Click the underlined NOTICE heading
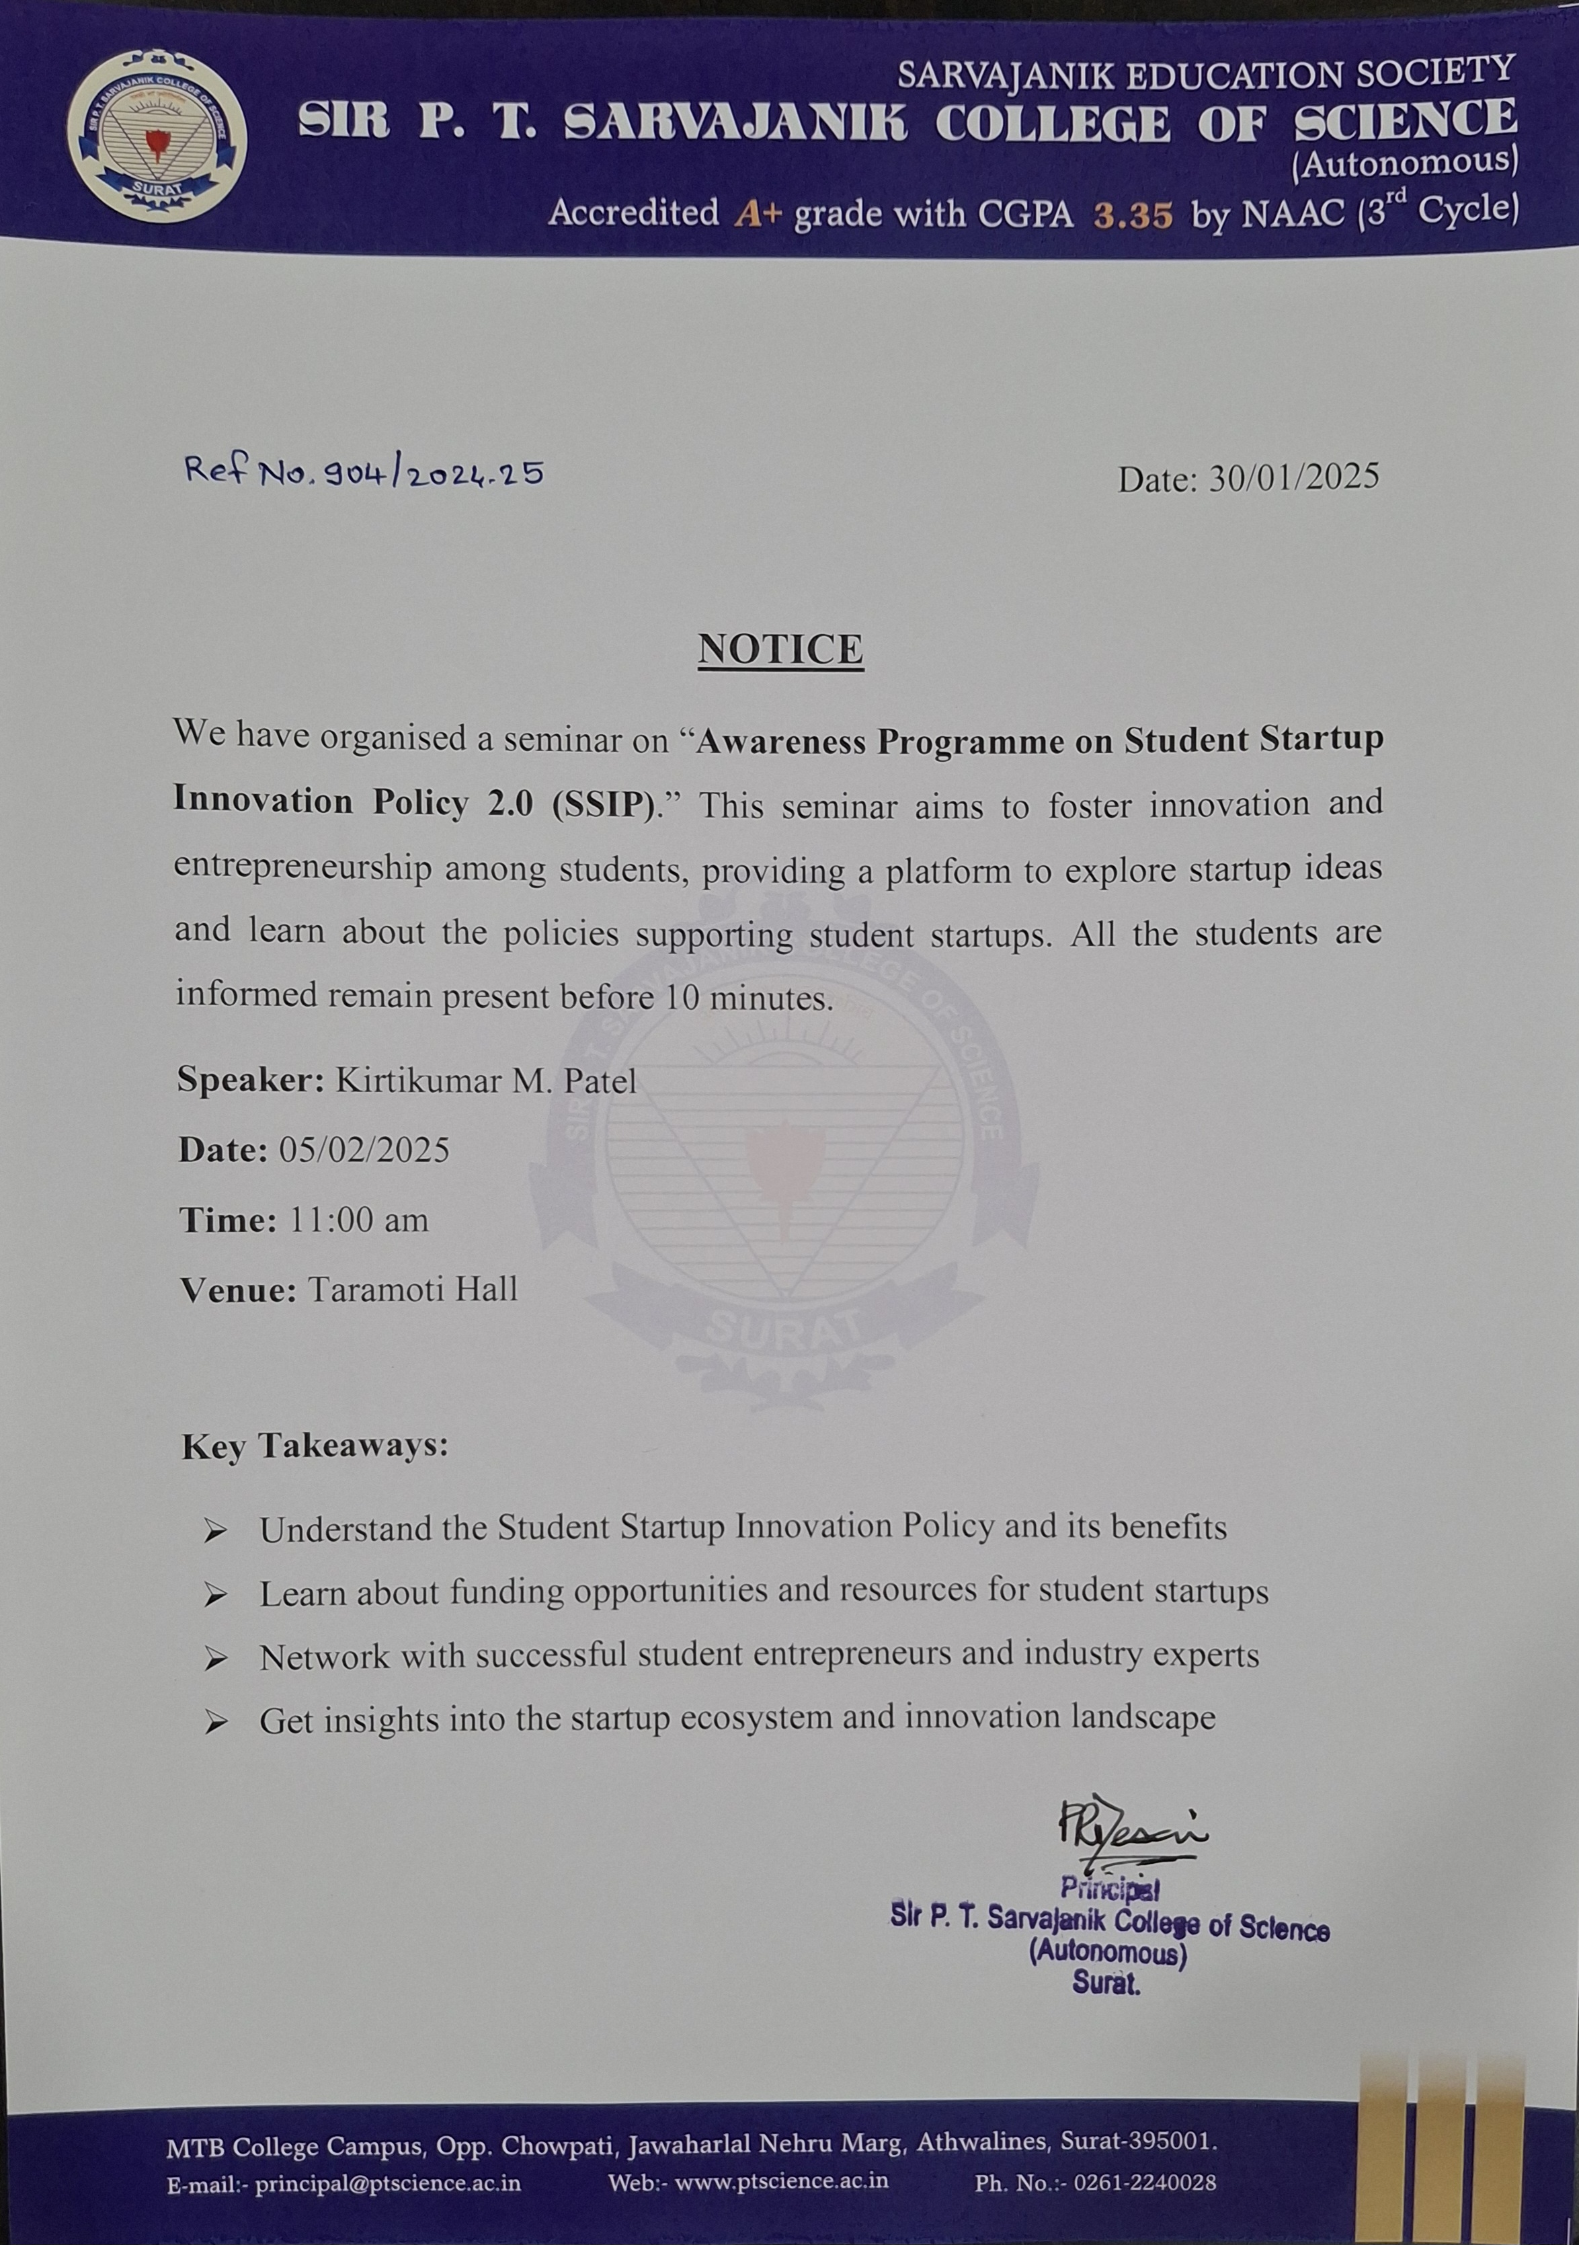(780, 649)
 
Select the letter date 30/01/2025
(1293, 477)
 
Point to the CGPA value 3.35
(1132, 214)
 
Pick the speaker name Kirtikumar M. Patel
(486, 1080)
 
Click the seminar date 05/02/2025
(364, 1150)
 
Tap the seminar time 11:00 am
(359, 1220)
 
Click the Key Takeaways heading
(315, 1445)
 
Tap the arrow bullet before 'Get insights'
(215, 1722)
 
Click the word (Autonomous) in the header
(1405, 162)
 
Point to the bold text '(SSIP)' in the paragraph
(603, 803)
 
